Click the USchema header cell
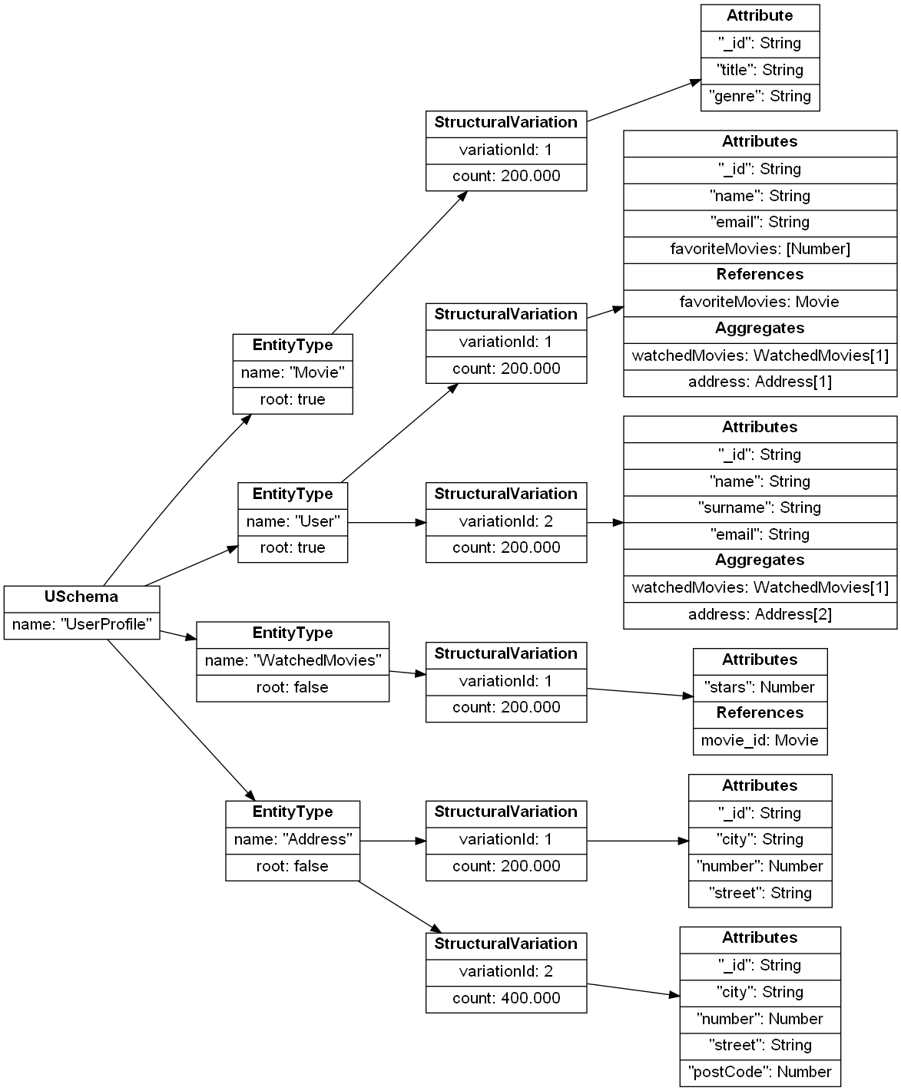[x=81, y=597]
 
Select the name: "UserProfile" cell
[x=81, y=624]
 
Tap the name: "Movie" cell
[x=293, y=373]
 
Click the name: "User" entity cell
[x=293, y=522]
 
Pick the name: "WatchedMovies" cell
[x=293, y=660]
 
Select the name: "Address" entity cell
[x=293, y=839]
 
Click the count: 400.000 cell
[x=506, y=998]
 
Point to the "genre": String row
[x=760, y=97]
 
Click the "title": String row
[x=760, y=70]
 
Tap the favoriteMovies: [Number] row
[x=760, y=249]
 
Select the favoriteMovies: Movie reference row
[x=760, y=302]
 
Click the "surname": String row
[x=760, y=507]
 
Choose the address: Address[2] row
[x=760, y=614]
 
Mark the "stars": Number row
[x=760, y=687]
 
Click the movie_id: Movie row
[x=760, y=740]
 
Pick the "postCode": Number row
[x=760, y=1072]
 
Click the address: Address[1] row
[x=760, y=382]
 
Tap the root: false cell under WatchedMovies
[x=293, y=687]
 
